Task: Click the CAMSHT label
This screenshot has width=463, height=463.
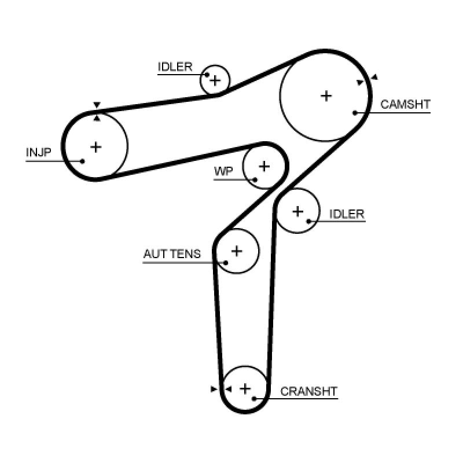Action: [405, 105]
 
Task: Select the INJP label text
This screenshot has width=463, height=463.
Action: [39, 153]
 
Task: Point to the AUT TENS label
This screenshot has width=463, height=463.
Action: [172, 254]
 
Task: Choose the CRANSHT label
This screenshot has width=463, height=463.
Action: [308, 392]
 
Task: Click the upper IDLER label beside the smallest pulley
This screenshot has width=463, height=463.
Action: [175, 67]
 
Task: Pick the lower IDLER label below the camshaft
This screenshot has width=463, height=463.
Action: [347, 214]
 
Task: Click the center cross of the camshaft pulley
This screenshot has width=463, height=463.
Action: [326, 95]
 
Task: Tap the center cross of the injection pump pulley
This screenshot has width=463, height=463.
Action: [96, 146]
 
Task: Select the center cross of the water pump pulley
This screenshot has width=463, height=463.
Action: [264, 167]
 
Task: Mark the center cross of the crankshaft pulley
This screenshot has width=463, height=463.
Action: [245, 388]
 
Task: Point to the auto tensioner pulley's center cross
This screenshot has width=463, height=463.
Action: [236, 251]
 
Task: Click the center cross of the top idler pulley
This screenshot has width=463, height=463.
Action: [215, 80]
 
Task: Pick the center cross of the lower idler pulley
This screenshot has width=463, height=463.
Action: [297, 211]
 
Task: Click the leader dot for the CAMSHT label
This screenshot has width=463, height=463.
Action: [355, 112]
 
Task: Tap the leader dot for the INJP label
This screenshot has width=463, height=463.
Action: [82, 161]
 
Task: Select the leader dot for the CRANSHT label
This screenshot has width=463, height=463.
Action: [253, 399]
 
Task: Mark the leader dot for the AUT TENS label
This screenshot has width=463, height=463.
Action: [226, 263]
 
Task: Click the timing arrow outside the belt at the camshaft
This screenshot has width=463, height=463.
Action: [374, 77]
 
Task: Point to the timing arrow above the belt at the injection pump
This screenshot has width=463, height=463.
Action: [97, 105]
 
